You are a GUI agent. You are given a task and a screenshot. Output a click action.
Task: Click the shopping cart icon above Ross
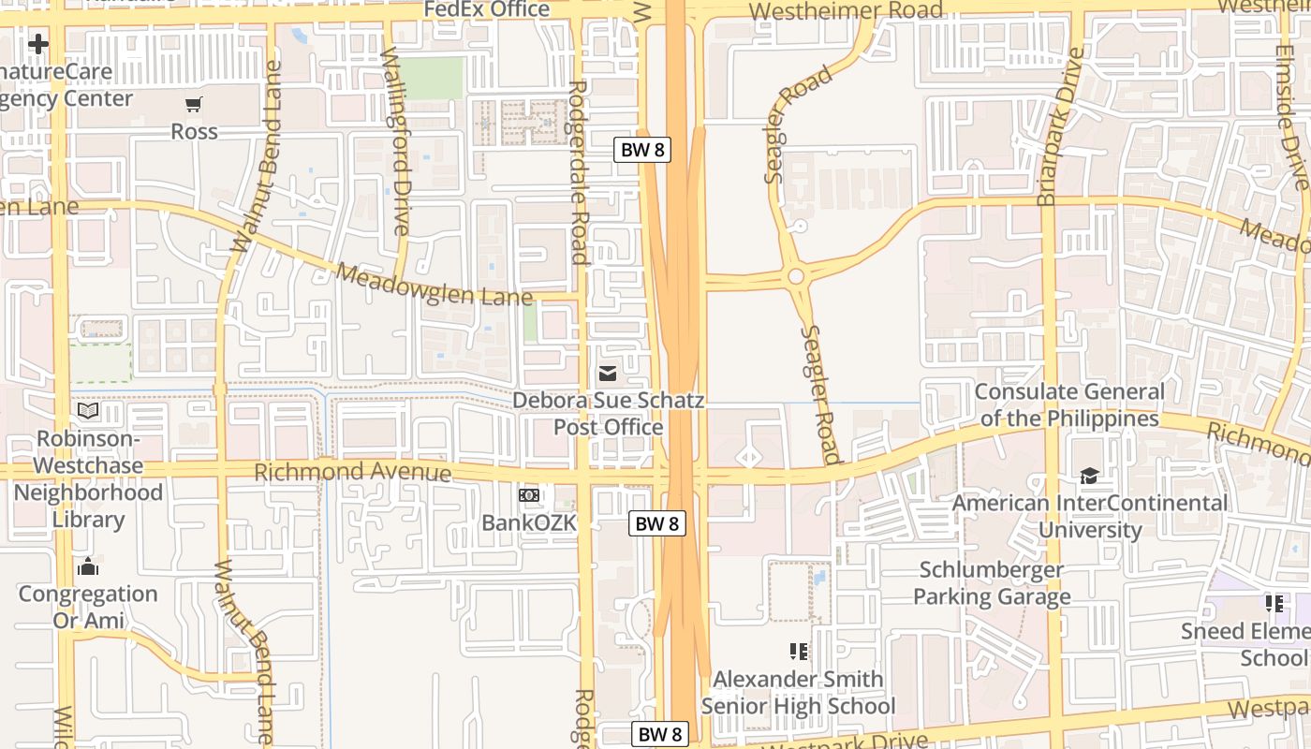[193, 105]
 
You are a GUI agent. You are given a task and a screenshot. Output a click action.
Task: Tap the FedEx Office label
[487, 9]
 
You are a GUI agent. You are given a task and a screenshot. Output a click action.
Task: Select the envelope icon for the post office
[608, 374]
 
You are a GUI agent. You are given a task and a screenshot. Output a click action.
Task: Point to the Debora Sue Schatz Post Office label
[608, 414]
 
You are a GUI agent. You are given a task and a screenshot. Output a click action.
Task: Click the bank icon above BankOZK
[529, 494]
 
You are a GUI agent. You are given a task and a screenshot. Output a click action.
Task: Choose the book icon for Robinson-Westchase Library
[88, 410]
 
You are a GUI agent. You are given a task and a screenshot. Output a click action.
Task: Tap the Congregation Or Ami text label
[88, 607]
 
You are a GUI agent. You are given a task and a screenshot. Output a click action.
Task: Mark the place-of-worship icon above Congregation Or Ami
[88, 566]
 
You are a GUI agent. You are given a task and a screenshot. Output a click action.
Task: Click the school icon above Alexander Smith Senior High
[799, 651]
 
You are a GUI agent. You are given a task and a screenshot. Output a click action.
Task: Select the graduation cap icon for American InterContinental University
[1089, 477]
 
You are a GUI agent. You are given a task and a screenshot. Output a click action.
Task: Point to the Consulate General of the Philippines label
[1069, 404]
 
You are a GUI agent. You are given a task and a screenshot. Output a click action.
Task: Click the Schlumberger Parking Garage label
[992, 582]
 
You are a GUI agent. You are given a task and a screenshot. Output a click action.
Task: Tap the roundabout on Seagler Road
[796, 276]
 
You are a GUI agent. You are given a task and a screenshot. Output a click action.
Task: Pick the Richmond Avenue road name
[352, 471]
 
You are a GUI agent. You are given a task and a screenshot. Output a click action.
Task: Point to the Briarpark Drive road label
[1059, 126]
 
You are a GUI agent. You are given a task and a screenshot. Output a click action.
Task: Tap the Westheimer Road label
[847, 11]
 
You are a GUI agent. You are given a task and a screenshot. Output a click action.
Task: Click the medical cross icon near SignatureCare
[38, 44]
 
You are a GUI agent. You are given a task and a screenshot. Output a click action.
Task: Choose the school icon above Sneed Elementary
[1274, 603]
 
